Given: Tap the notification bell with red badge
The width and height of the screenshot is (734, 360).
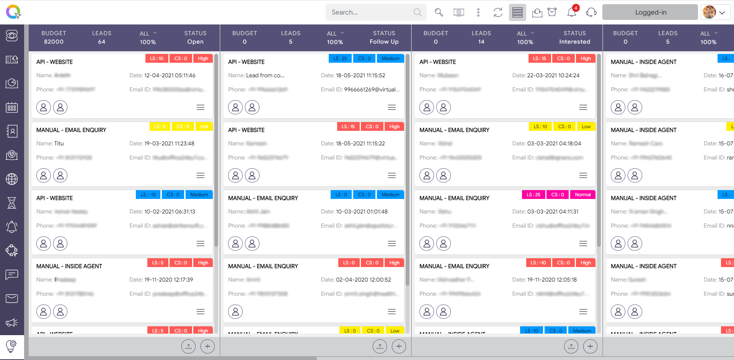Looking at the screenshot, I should [x=572, y=12].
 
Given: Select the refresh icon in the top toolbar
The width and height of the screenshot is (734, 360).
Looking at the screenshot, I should [x=498, y=12].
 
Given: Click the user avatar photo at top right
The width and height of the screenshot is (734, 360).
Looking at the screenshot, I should [x=709, y=12].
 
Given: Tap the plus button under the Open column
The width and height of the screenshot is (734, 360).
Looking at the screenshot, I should [x=207, y=346].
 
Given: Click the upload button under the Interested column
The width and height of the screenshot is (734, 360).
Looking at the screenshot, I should [x=571, y=346].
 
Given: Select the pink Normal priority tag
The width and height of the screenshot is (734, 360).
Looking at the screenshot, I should [x=582, y=195].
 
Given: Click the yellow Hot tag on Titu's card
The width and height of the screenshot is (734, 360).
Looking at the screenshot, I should [x=204, y=127].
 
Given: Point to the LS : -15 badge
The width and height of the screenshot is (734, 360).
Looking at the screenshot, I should [x=148, y=195].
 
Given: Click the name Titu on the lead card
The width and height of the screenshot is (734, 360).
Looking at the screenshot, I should [x=59, y=143].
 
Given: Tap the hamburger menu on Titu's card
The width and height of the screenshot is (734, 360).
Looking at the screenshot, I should [x=201, y=176].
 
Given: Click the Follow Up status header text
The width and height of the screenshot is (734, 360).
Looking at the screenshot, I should [x=384, y=42].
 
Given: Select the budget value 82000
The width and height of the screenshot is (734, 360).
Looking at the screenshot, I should [x=54, y=42].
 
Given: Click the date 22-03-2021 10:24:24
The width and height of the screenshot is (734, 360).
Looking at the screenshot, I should [x=553, y=75].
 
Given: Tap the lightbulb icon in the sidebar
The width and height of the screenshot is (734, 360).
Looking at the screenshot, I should [x=12, y=346].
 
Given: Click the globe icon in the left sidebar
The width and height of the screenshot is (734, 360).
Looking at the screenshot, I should [x=12, y=179].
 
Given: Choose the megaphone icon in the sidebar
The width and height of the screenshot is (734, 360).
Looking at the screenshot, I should [x=12, y=323].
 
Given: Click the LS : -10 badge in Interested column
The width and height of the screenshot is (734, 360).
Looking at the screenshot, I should [x=538, y=263].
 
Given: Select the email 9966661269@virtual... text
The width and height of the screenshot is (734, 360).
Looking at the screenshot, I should [x=372, y=90].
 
